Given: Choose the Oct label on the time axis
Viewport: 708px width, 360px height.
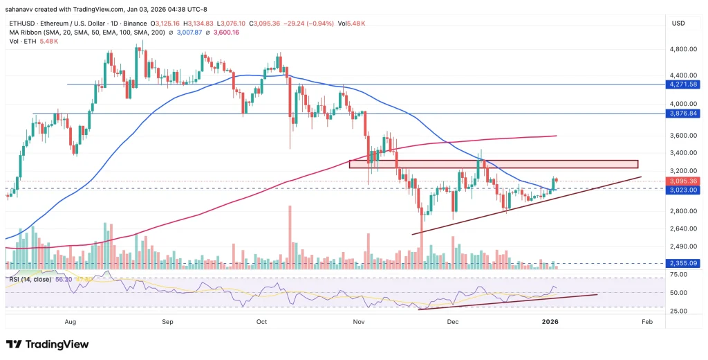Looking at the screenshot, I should [x=261, y=322].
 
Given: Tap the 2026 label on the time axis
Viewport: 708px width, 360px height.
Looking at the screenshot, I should [x=550, y=322].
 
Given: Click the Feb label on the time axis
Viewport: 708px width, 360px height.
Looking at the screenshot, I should [x=646, y=322].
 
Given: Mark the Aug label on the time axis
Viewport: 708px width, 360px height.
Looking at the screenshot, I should [x=69, y=322].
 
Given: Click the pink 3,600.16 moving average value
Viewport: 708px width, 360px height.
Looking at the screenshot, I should [x=225, y=31].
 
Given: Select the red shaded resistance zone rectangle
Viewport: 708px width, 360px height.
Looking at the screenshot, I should [x=492, y=164].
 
